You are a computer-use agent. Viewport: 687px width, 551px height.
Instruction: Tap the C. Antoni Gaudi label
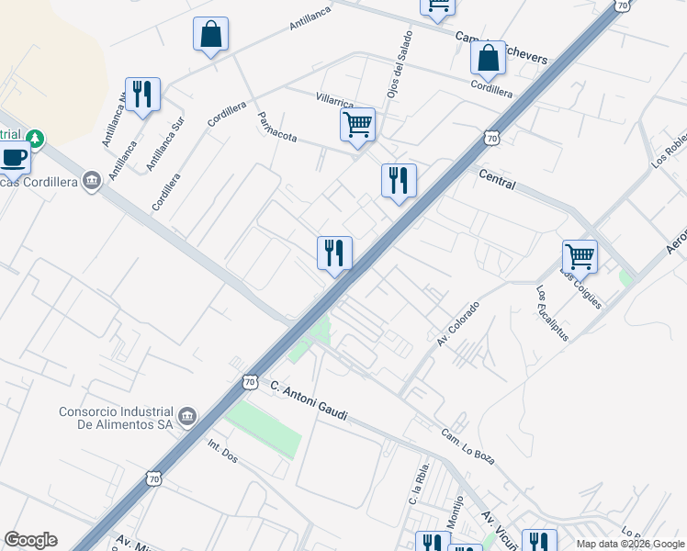click(309, 400)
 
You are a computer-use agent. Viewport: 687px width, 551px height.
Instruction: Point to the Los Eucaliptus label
click(552, 313)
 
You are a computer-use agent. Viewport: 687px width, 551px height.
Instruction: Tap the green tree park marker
click(35, 139)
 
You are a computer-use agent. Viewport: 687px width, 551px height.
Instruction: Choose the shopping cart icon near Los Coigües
click(580, 255)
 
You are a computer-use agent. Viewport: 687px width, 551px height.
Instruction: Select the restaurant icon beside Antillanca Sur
click(142, 94)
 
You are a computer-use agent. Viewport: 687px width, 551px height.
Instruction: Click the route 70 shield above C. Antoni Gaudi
click(250, 380)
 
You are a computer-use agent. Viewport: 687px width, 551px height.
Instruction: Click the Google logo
click(30, 541)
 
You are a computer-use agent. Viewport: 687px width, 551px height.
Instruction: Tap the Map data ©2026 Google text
click(630, 544)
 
